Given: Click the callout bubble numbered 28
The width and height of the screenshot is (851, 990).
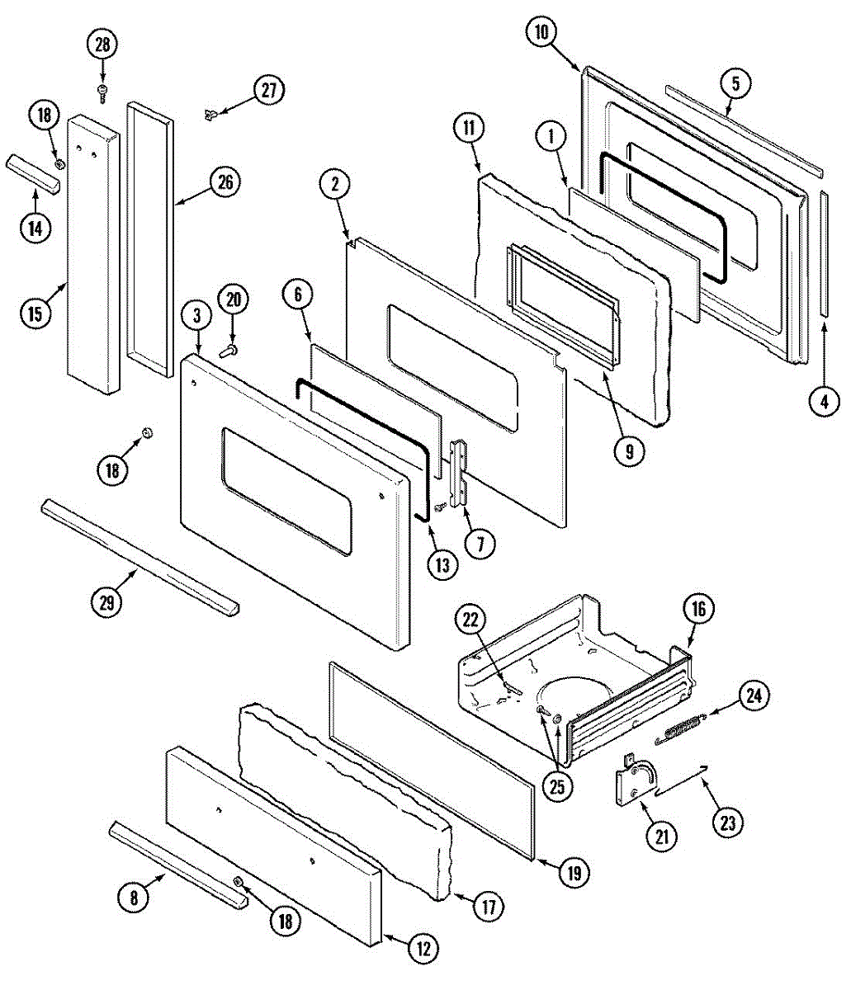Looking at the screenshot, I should (102, 45).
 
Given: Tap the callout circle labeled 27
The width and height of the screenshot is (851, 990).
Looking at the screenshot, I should (269, 90).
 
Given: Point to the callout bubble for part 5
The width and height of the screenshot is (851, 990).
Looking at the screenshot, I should (735, 82).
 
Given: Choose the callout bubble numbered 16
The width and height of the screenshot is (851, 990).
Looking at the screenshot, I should (698, 610).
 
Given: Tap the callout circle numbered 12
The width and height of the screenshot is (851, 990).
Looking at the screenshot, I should (423, 949).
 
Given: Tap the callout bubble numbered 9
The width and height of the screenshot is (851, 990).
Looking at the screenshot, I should (629, 451).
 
